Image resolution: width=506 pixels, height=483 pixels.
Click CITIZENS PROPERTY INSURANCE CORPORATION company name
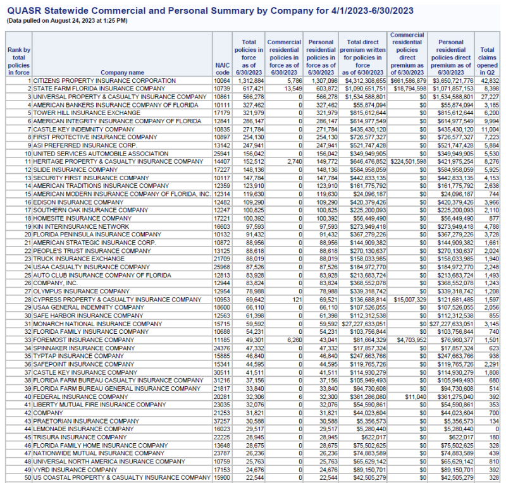click(104, 81)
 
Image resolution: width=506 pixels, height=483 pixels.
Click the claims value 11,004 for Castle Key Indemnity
click(489, 129)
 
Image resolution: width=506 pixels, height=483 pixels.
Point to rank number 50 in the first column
click(28, 477)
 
